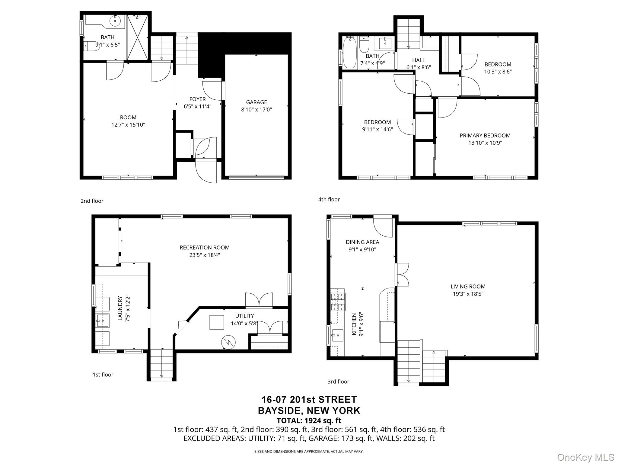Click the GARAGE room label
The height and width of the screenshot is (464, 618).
256,102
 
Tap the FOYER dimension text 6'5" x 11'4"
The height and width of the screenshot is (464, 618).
197,106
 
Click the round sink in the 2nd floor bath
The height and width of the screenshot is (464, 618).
115,21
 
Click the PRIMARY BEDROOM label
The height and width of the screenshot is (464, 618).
485,136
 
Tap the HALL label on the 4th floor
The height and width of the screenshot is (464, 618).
418,60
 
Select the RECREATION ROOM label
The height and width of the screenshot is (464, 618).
205,247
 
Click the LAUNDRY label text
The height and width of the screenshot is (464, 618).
120,308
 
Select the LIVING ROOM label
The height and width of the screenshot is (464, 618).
468,286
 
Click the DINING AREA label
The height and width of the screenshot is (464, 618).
362,242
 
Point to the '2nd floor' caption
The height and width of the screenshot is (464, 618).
92,201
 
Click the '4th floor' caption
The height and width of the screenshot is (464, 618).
329,199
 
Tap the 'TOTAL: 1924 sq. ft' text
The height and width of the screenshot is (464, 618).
309,420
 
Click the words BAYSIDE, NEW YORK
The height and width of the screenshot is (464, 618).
309,410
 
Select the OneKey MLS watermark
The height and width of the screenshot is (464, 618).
585,457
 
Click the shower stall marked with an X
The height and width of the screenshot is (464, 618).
138,37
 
